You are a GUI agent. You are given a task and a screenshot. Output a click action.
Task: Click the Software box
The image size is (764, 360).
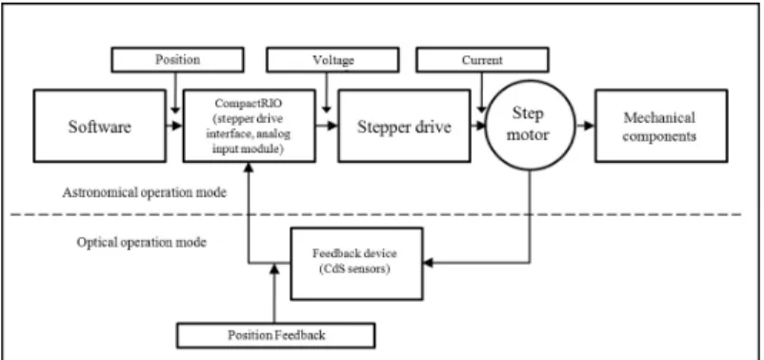[x=100, y=126]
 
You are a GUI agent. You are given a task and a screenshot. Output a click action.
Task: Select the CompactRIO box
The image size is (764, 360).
[x=249, y=126]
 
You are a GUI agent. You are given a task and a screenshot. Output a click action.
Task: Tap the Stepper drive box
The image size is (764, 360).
[x=404, y=126]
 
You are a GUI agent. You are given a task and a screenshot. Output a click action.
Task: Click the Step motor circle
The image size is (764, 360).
[x=530, y=126]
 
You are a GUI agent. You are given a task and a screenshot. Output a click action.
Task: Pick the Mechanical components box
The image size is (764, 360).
[x=661, y=126]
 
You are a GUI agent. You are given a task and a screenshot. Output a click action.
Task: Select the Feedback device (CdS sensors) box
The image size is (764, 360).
[x=356, y=264]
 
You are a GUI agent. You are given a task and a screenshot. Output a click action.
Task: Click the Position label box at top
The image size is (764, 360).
[x=177, y=60]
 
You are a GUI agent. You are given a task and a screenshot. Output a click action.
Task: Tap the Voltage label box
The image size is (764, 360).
[x=332, y=60]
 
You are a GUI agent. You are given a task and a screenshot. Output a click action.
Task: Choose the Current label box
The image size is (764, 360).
[x=482, y=60]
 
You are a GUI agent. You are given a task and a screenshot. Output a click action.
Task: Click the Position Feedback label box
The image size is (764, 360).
[x=275, y=335]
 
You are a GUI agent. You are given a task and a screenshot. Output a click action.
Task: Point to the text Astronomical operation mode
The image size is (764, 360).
[x=144, y=192]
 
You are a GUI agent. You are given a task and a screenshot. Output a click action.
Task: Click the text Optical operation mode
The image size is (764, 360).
[x=141, y=242]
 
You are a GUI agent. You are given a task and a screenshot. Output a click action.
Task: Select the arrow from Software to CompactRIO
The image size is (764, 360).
[x=174, y=126]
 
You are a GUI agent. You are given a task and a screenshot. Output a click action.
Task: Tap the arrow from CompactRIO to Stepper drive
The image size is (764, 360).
[x=327, y=126]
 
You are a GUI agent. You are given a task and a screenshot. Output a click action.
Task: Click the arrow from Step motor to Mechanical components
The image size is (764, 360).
[x=585, y=126]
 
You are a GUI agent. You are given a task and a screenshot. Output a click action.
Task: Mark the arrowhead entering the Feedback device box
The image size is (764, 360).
[x=428, y=263]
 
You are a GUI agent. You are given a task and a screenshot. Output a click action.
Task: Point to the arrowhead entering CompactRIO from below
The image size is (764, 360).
[x=249, y=168]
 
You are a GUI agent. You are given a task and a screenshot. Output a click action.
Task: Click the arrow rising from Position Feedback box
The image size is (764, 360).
[x=274, y=293]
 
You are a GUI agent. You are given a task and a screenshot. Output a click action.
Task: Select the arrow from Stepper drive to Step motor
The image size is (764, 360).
[x=478, y=126]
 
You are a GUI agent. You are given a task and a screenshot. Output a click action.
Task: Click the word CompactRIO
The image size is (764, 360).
[x=249, y=104]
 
